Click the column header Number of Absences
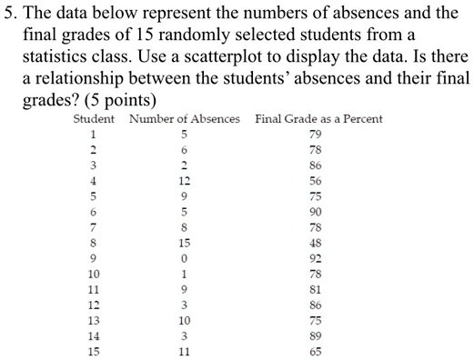coord(185,119)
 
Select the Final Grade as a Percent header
coord(318,119)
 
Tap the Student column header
coord(94,119)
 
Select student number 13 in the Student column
coord(93,320)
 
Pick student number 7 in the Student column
coord(93,227)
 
